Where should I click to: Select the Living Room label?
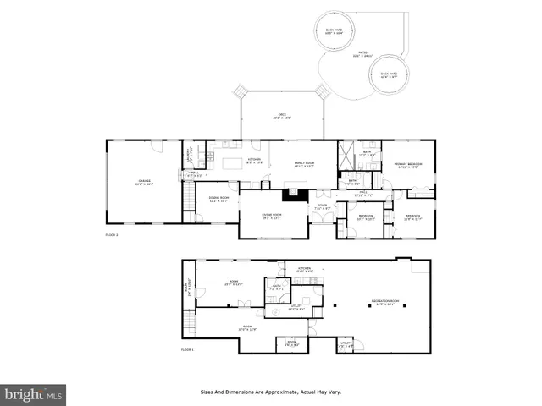pyautogui.click(x=272, y=217)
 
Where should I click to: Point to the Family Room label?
pyautogui.click(x=304, y=165)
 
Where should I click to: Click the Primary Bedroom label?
pyautogui.click(x=410, y=165)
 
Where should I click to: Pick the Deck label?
pyautogui.click(x=282, y=116)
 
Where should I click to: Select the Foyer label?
pyautogui.click(x=322, y=206)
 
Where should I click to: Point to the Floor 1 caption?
pyautogui.click(x=186, y=348)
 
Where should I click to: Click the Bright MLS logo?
pyautogui.click(x=34, y=393)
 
